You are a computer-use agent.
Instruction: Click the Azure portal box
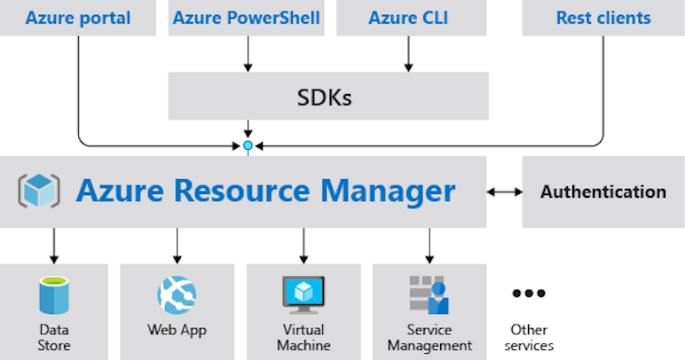point(78,18)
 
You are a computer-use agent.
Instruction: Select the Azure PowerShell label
point(247,18)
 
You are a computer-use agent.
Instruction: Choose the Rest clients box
point(603,18)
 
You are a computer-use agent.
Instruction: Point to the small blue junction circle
point(248,145)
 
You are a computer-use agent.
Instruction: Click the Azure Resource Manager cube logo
point(39,191)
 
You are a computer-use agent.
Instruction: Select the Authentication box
point(603,192)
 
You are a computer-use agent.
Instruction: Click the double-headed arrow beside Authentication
point(504,192)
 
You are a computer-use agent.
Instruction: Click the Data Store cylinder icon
point(53,295)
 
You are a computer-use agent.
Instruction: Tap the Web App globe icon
point(177,295)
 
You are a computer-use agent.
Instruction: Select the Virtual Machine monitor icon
point(303,293)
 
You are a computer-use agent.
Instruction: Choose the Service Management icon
point(429,294)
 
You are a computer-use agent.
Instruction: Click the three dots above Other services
point(529,293)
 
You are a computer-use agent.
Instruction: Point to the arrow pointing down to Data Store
point(53,246)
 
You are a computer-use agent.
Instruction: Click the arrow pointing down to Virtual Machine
point(303,246)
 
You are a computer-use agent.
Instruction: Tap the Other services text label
point(529,337)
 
